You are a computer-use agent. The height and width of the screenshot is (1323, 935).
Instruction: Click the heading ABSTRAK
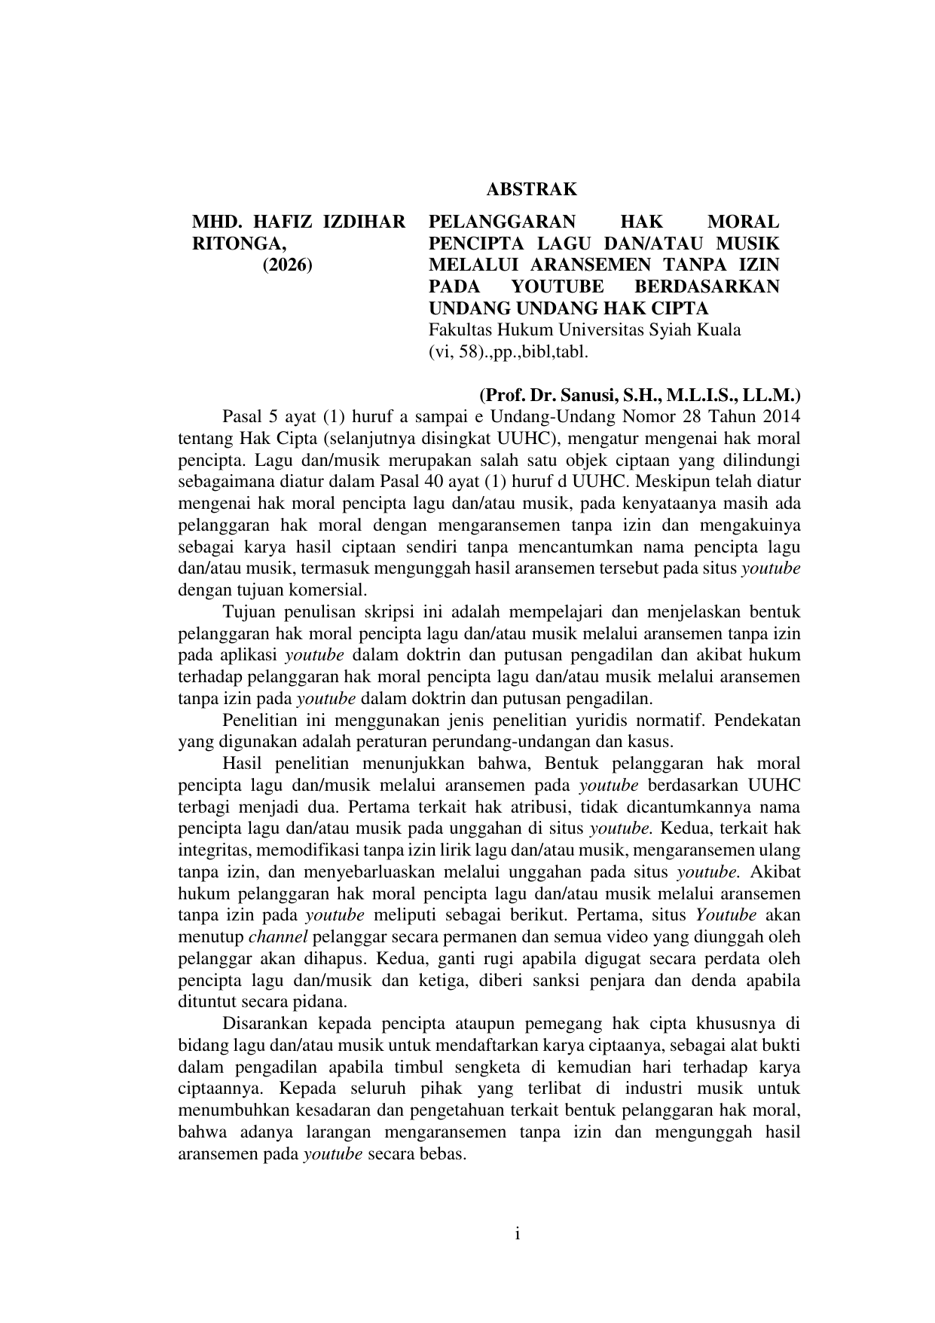point(532,188)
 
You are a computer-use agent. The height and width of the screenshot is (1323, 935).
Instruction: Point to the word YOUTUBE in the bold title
point(557,287)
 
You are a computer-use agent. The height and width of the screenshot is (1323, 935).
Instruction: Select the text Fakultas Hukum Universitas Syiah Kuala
point(584,330)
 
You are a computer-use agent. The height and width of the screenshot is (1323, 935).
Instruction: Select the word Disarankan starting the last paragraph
point(264,1024)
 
